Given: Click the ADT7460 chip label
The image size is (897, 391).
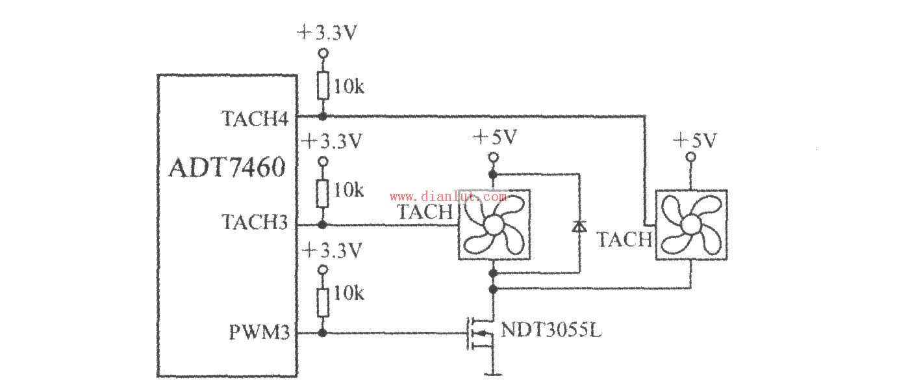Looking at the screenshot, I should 227,169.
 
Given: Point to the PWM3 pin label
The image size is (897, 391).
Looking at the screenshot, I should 259,332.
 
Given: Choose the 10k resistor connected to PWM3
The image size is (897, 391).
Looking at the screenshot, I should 322,300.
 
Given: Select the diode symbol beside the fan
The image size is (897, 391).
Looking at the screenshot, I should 578,226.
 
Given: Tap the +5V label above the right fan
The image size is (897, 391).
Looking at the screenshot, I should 694,140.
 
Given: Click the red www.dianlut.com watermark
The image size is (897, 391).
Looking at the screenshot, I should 448,196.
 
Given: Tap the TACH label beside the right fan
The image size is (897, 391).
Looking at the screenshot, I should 624,239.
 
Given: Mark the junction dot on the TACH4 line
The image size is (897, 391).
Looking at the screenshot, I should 322,117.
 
